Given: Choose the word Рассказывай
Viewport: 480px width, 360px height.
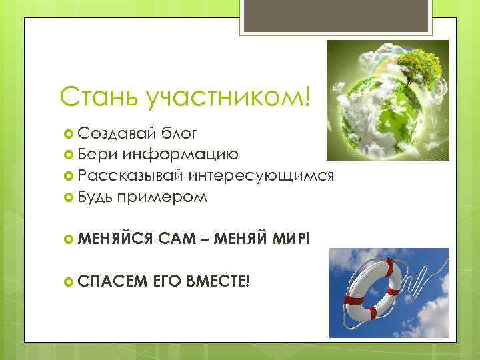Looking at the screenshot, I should coord(130,175).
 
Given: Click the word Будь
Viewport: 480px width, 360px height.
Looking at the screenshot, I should coord(95,197).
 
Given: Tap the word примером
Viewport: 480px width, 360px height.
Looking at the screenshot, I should coord(161,197).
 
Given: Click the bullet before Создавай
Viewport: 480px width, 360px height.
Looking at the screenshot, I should coord(67,134).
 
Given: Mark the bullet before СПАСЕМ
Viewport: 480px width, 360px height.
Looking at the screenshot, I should coord(67,280).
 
